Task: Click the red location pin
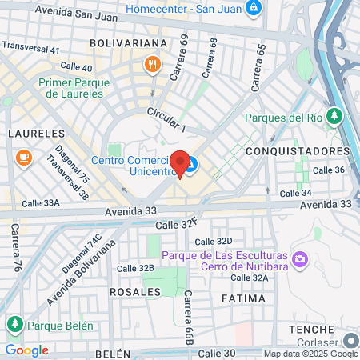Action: [181, 162]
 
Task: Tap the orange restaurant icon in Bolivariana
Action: [150, 63]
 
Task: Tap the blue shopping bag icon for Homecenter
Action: [253, 9]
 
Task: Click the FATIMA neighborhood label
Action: [240, 298]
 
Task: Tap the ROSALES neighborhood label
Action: [134, 292]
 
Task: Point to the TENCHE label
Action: [310, 330]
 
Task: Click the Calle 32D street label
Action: [213, 241]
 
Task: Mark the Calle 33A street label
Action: [41, 203]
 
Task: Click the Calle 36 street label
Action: [328, 170]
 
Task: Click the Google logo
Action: [26, 350]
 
